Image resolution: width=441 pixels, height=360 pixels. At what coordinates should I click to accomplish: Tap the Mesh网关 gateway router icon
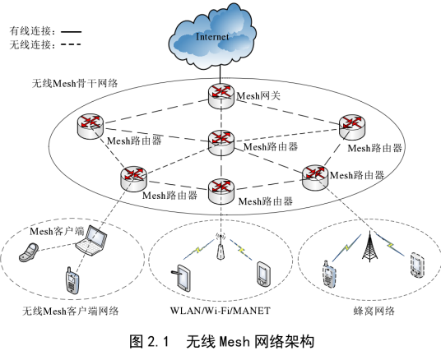pos(220,93)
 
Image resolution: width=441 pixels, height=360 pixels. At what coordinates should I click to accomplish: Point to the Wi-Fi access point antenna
pos(220,250)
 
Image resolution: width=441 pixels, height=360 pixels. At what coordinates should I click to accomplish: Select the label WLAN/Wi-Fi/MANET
pos(220,310)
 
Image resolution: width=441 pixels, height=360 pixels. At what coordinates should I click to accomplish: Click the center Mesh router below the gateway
pos(220,141)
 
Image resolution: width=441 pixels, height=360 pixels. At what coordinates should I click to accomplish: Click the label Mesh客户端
pos(57,231)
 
